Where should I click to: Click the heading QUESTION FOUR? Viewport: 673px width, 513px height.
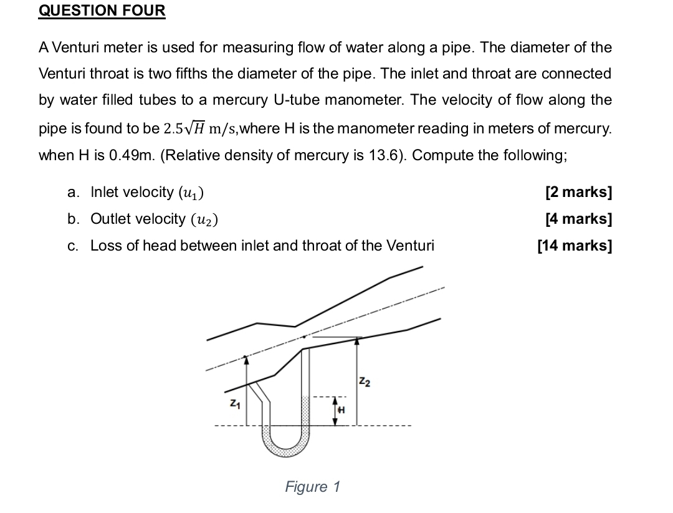[102, 11]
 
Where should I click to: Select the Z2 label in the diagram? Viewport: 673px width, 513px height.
[366, 381]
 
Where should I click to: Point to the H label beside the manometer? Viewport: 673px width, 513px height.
[341, 410]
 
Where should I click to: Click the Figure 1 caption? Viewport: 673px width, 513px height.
[312, 486]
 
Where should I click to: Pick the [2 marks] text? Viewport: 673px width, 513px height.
[578, 192]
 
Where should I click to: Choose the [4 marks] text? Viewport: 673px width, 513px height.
[578, 219]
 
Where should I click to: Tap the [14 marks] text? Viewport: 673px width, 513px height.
[575, 246]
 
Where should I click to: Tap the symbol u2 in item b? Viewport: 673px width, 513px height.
[206, 219]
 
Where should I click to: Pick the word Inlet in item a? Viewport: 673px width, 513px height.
[105, 192]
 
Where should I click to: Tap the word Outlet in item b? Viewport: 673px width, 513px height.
[111, 219]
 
